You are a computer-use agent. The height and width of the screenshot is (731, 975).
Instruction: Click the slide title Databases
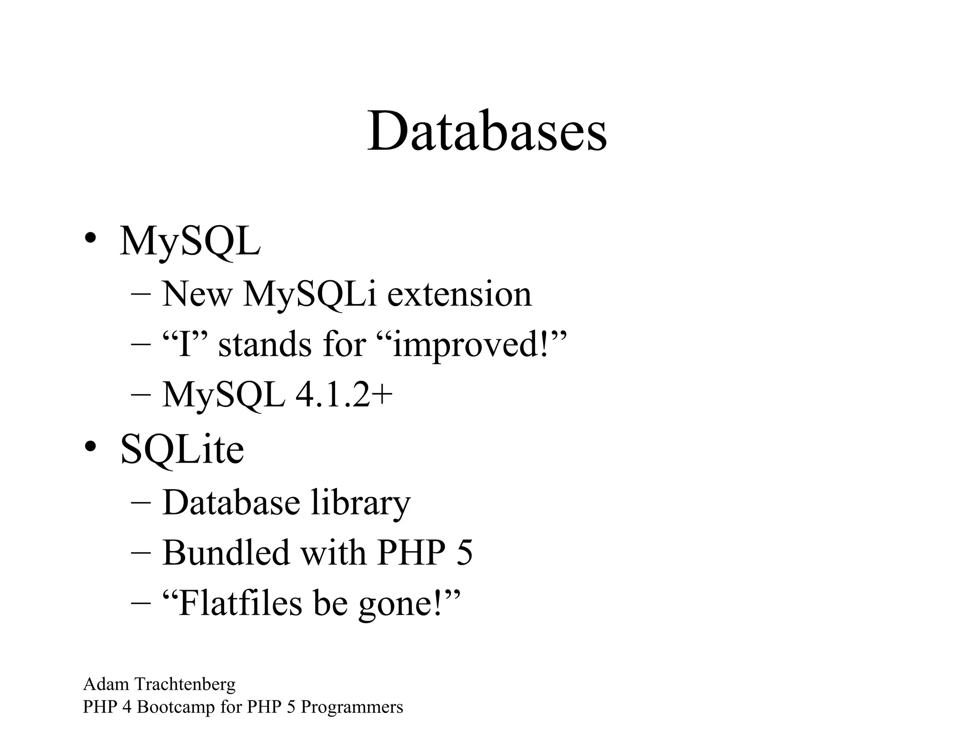tap(487, 131)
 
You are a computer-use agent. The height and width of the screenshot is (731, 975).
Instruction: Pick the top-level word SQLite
tap(182, 450)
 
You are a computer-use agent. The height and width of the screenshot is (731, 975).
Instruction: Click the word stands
tap(265, 344)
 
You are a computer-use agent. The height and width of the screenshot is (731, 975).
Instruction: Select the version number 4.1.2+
tap(344, 395)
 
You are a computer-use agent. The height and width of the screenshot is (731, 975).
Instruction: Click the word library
tap(360, 504)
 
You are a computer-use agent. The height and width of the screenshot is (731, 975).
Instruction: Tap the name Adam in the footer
tap(106, 684)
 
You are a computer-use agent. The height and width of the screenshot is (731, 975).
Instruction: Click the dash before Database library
tap(140, 503)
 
